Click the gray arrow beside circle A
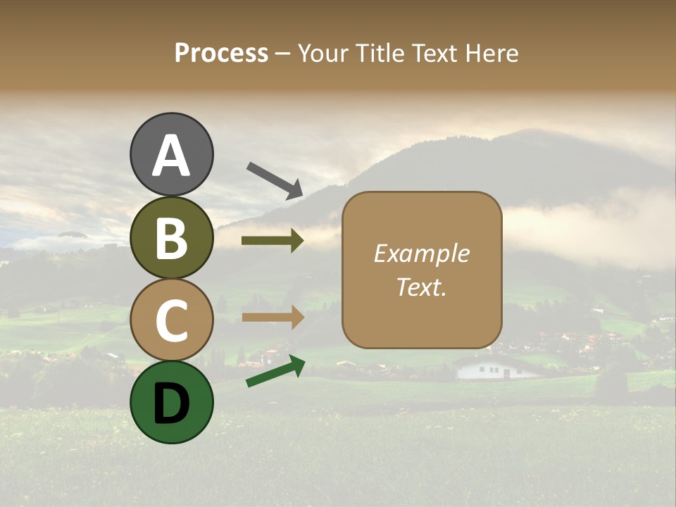pos(275,179)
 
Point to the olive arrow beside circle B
pos(273,241)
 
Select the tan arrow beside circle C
pos(273,317)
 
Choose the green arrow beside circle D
pos(275,372)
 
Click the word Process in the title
pos(221,53)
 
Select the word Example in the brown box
pos(421,254)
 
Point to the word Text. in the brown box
pos(421,287)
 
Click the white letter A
pos(171,155)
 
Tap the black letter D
pos(171,402)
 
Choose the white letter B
pos(171,238)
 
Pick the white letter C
pos(171,320)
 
